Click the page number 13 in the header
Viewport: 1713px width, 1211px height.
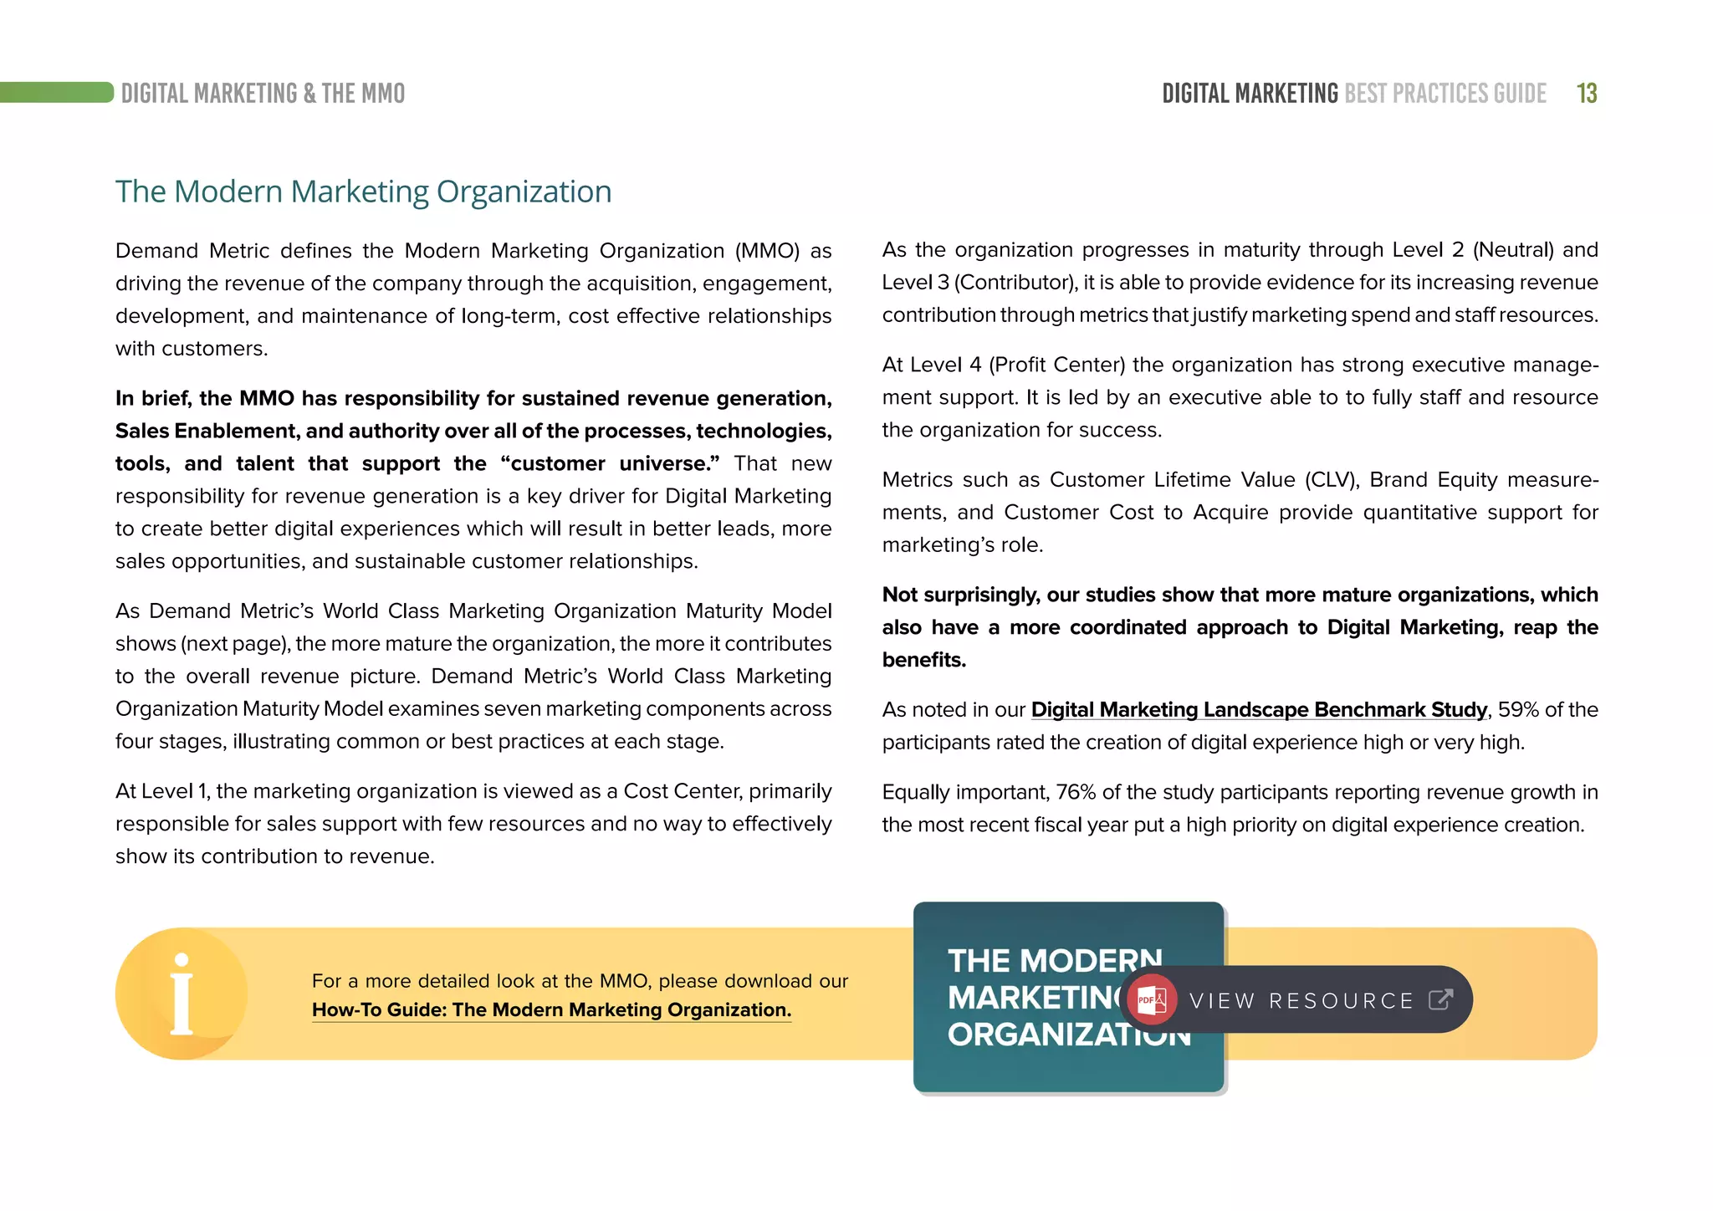click(x=1587, y=93)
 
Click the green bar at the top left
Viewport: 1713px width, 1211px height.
click(x=56, y=92)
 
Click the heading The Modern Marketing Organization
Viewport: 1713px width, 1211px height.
click(x=363, y=192)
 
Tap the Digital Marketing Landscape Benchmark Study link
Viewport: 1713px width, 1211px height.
click(x=1258, y=709)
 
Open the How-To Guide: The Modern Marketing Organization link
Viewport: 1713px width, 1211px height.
click(x=550, y=1010)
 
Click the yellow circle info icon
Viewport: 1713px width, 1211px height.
click(x=182, y=994)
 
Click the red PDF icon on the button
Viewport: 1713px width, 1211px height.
click(x=1151, y=999)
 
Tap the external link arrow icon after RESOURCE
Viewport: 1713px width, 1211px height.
click(x=1440, y=999)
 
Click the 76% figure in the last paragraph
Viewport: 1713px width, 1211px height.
click(x=1076, y=792)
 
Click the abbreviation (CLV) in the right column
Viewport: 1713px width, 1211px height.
click(x=1327, y=480)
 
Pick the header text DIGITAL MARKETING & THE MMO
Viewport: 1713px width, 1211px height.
click(x=263, y=93)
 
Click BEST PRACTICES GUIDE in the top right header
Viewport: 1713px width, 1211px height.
click(x=1445, y=93)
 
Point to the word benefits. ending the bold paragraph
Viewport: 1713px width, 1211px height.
click(x=923, y=660)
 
